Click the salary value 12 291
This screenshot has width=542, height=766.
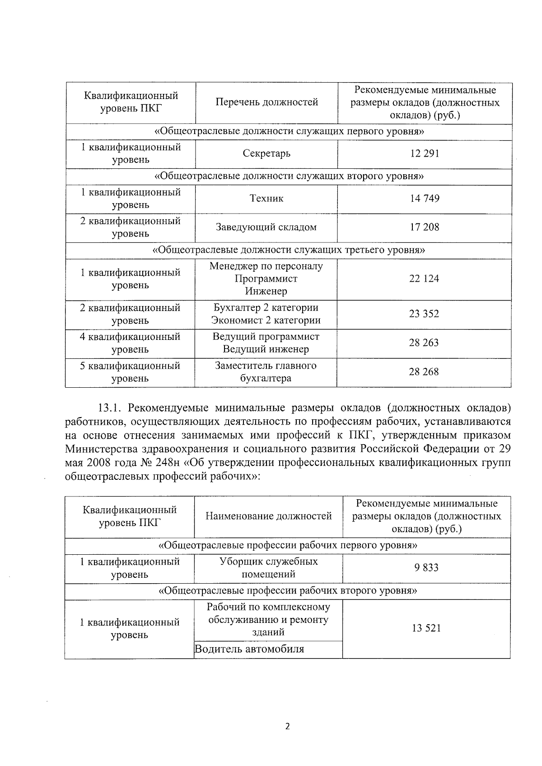pos(424,153)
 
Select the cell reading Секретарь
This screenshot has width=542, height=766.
pos(266,153)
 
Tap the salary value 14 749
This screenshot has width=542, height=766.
pos(424,199)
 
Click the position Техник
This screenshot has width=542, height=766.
pos(266,199)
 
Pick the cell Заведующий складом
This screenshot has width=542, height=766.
pos(266,227)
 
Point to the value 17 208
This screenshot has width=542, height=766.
pos(424,227)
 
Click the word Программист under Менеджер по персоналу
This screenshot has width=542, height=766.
pos(266,279)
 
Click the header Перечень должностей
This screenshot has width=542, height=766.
pos(266,102)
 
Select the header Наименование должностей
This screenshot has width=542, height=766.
pos(269,516)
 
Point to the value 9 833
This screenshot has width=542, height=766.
pos(426,568)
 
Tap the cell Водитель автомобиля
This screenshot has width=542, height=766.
pos(249,650)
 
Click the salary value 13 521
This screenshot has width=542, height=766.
pos(426,628)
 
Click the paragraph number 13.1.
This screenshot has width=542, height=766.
pos(110,409)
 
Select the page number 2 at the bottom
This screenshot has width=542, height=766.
pos(287,726)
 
